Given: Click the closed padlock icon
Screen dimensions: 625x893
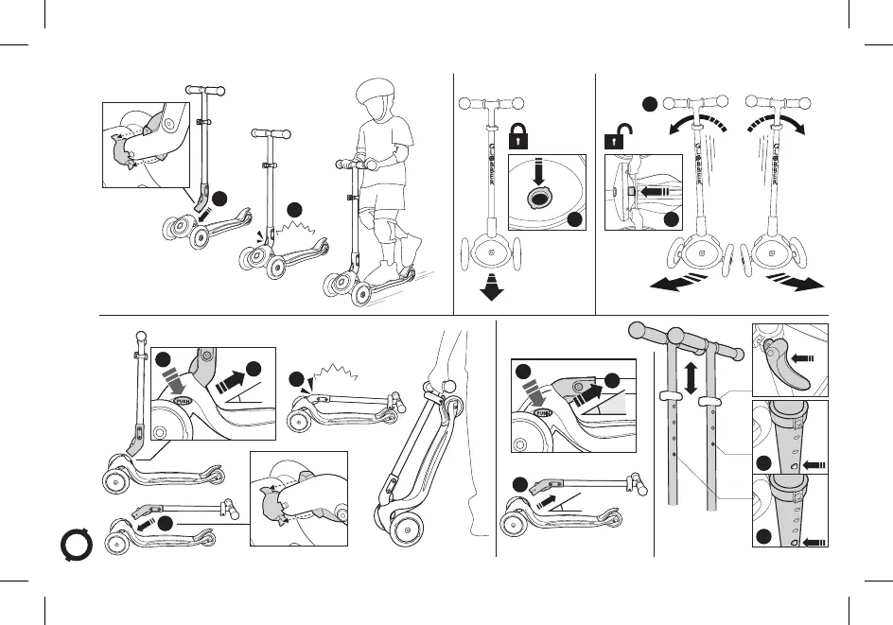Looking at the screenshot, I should (x=517, y=136).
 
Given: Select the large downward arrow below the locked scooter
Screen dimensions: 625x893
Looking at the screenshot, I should (x=491, y=288).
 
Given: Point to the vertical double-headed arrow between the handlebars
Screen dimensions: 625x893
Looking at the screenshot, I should (x=692, y=376).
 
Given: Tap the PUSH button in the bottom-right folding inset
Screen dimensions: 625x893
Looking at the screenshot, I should (x=542, y=413).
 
